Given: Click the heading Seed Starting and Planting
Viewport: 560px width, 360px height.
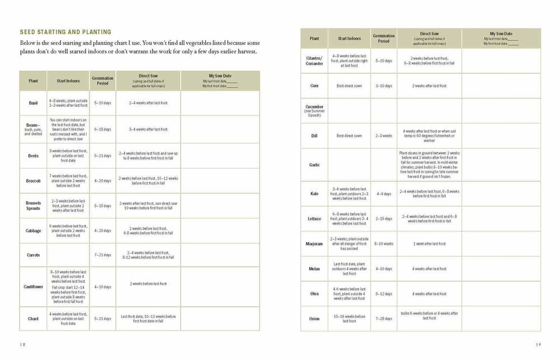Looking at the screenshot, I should [65, 32].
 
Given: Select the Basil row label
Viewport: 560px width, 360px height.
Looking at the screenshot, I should [33, 103].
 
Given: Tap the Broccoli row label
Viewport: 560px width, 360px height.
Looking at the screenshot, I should [33, 181].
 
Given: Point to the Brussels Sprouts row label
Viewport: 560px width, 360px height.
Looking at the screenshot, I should [33, 205].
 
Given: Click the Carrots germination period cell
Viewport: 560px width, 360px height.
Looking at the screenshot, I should [103, 255].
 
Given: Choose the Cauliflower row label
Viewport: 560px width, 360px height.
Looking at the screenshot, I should [33, 286].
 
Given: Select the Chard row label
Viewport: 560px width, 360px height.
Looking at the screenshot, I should [33, 319].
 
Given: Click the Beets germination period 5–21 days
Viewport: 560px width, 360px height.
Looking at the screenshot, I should [103, 156].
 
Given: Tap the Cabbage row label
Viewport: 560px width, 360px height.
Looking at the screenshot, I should [33, 230].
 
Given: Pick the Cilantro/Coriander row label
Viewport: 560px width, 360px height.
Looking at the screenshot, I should [314, 60].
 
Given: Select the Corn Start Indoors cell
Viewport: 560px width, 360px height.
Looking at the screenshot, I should [349, 86].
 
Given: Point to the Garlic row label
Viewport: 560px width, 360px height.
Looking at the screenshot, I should [314, 165].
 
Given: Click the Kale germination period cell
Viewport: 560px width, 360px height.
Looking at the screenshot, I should [384, 194].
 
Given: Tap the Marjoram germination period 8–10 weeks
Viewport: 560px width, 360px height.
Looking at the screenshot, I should [384, 244].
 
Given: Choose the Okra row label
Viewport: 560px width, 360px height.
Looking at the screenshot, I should [314, 293].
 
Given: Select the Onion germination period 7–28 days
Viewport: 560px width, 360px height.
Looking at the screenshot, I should [384, 319].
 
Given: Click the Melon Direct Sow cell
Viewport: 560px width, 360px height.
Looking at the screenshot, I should [429, 269].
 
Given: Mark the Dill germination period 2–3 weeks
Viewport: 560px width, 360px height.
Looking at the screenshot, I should [384, 135].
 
